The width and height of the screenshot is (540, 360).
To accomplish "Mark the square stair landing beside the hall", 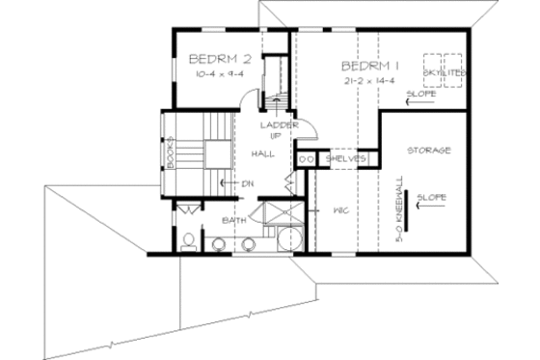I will pyautogui.click(x=216, y=153).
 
